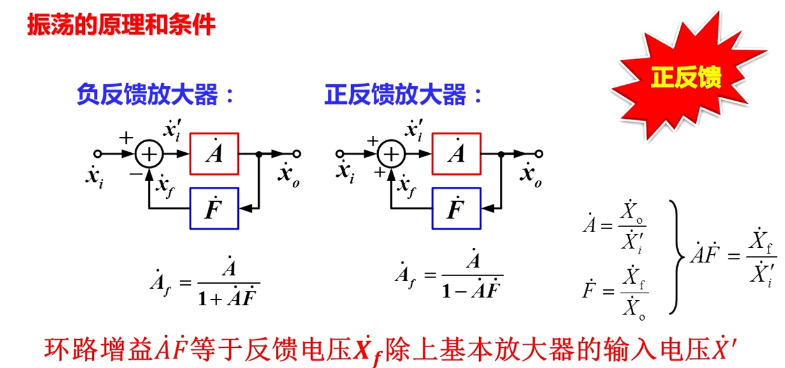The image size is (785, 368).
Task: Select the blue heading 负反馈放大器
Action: click(x=148, y=95)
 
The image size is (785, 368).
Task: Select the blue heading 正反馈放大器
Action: click(x=396, y=95)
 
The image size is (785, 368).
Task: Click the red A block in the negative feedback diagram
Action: click(x=214, y=153)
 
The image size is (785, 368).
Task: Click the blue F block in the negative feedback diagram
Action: click(x=214, y=208)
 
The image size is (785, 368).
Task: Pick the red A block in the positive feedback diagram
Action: click(x=456, y=153)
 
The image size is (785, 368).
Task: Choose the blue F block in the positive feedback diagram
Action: click(x=456, y=208)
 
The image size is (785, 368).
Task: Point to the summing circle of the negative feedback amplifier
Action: click(x=150, y=153)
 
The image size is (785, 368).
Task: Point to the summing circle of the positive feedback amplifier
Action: click(x=392, y=153)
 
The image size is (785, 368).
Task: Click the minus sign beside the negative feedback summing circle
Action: click(x=134, y=173)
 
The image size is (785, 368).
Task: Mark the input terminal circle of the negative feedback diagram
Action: click(x=98, y=153)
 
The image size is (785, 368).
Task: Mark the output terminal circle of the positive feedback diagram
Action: click(x=539, y=153)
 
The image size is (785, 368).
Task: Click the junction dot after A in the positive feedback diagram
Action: click(x=501, y=153)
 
